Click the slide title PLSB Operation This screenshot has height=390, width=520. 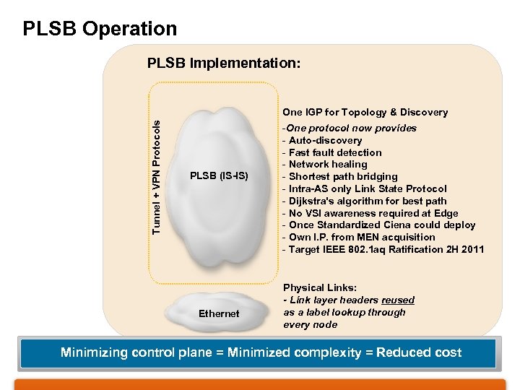pos(100,29)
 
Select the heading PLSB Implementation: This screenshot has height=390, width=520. pos(224,64)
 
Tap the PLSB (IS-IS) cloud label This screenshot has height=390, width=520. pos(219,175)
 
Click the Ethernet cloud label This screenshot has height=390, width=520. pos(219,313)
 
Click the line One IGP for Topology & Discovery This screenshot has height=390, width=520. pos(365,112)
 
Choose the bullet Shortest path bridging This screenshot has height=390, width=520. pos(343,176)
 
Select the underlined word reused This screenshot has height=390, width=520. pos(398,300)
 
